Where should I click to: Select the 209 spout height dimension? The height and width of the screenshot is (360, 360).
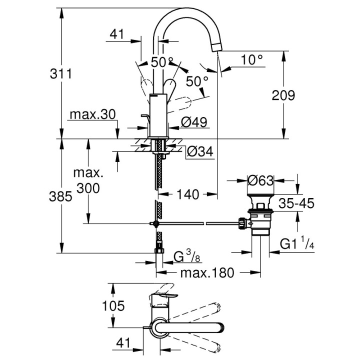point(284,94)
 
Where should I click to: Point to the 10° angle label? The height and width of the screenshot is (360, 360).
point(251,59)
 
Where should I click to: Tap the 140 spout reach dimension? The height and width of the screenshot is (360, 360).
point(188,193)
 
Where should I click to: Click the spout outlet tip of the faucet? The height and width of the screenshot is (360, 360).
point(217,47)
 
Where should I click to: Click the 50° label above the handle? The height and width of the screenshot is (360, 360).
point(161,62)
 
